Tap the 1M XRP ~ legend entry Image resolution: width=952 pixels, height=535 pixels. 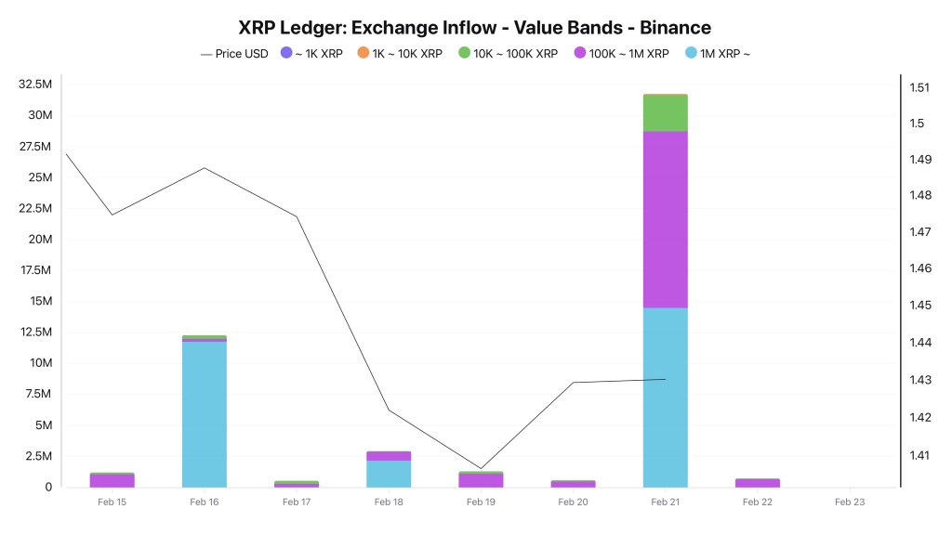(717, 54)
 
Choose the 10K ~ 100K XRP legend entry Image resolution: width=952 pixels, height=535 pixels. (508, 54)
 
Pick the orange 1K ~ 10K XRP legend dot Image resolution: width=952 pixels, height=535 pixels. (363, 54)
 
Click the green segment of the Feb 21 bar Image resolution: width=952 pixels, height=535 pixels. (665, 112)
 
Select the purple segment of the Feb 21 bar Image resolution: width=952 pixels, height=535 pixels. (665, 219)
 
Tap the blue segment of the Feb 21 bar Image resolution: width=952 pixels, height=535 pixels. (665, 398)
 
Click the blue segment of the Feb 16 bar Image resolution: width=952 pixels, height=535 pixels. (205, 414)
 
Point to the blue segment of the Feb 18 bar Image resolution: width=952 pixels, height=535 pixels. (389, 474)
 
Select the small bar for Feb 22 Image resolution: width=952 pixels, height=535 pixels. (757, 483)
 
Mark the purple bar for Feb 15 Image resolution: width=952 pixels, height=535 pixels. (112, 481)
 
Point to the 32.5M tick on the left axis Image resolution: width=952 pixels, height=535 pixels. (34, 85)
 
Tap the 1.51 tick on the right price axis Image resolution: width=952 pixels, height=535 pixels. (919, 88)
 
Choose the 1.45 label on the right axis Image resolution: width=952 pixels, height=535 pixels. (919, 306)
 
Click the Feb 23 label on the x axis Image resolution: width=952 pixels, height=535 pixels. (849, 502)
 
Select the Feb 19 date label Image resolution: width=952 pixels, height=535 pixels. (481, 502)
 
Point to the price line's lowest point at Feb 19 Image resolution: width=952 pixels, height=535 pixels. (481, 468)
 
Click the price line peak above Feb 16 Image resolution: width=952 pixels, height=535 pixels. (205, 168)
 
